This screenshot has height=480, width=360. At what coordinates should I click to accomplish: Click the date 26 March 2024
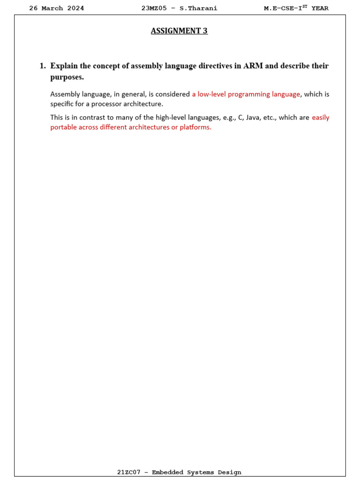click(57, 8)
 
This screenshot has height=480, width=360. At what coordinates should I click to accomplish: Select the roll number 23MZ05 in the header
click(154, 8)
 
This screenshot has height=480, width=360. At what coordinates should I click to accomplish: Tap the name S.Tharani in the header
click(199, 8)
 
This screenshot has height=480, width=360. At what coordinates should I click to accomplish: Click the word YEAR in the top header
click(320, 8)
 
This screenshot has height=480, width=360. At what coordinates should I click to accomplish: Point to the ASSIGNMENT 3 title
click(179, 31)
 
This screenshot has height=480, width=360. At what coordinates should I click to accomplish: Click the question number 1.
click(42, 66)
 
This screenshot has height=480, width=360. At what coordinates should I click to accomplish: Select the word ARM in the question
click(253, 66)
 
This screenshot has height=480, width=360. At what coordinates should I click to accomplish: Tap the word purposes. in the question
click(67, 77)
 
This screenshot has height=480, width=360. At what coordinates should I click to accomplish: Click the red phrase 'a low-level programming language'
click(246, 94)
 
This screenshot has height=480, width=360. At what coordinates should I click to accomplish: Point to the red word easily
click(321, 118)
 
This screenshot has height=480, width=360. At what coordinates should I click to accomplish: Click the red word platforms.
click(195, 127)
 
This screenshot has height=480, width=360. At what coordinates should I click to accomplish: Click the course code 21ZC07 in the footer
click(128, 472)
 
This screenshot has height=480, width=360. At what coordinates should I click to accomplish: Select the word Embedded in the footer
click(168, 472)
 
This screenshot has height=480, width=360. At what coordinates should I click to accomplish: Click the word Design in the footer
click(230, 472)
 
